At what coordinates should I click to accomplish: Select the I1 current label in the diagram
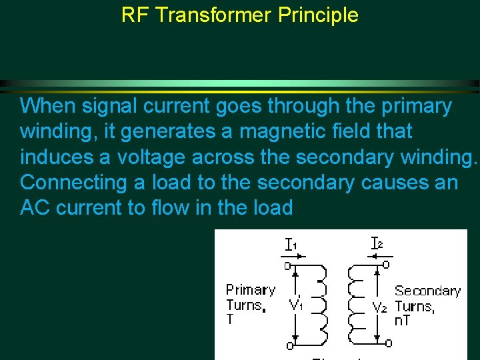coord(291,245)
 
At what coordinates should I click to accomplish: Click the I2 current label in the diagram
coord(377,244)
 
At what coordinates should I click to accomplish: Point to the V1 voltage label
coord(297,305)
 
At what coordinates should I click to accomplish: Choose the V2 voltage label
coord(380,307)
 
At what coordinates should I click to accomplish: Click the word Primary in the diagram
coord(250,290)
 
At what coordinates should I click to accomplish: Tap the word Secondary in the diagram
coord(427,291)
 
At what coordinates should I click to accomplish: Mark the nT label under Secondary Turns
coord(402,321)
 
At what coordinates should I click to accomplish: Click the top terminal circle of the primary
coord(289,265)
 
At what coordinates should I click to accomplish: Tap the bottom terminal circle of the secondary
coord(388,343)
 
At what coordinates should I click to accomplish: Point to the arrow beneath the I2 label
coord(385,255)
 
